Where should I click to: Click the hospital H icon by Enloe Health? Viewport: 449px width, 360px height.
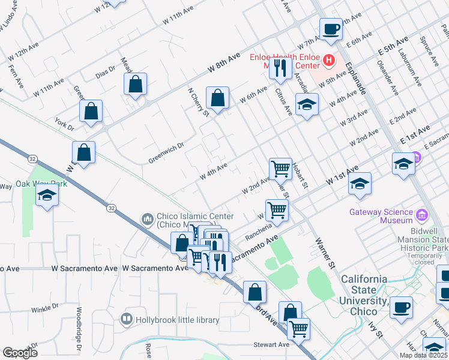pos(328,60)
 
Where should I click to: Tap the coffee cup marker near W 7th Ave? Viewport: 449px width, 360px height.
pos(331,30)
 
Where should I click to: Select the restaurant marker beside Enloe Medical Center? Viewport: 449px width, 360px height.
pos(279,69)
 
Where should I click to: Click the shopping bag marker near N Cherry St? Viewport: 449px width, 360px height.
pos(218,98)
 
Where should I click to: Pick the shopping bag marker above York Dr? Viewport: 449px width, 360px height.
pos(91,112)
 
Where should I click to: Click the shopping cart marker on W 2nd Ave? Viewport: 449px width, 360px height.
pos(280,170)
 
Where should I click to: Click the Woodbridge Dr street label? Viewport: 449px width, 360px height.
pos(79,329)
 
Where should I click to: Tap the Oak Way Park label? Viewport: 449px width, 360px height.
pos(41,184)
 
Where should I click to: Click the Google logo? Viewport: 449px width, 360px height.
pos(20,353)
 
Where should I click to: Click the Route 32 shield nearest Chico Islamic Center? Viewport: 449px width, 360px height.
pos(111,208)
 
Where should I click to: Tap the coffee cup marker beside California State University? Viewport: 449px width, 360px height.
pos(401,307)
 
